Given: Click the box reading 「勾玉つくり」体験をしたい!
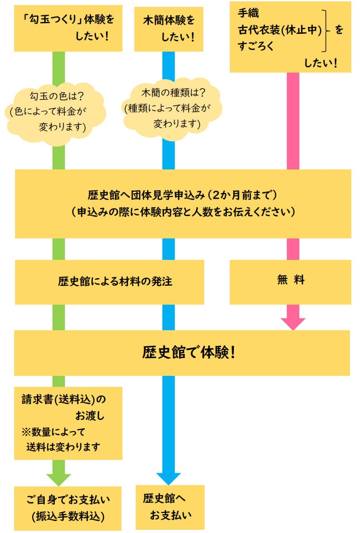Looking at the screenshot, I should [x=68, y=28].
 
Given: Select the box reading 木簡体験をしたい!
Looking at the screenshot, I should [x=169, y=28].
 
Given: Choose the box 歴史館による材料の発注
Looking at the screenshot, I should [x=110, y=281].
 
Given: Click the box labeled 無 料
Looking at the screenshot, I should [x=290, y=280].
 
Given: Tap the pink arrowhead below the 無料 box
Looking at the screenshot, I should [x=293, y=323].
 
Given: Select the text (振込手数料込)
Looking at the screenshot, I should [x=68, y=516].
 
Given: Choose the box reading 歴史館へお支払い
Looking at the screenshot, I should [x=170, y=507].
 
